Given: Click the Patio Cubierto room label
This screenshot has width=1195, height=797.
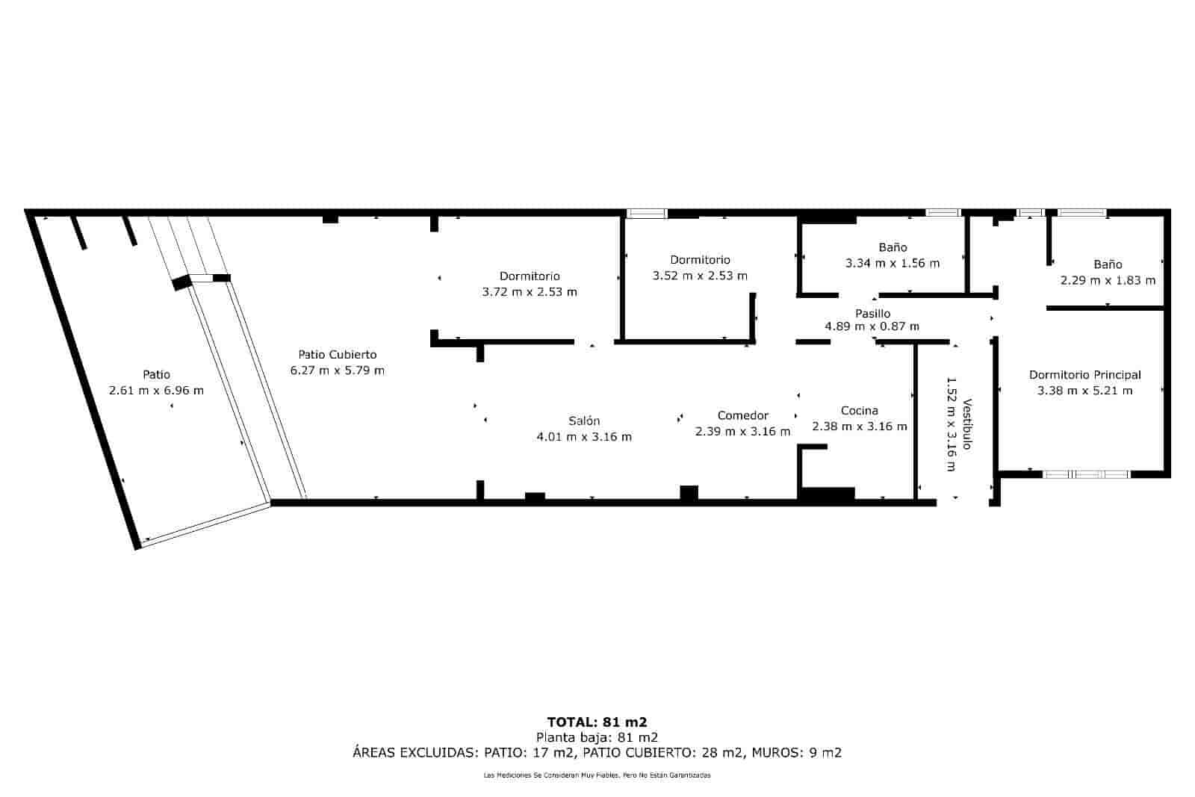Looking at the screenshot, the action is click(x=337, y=354).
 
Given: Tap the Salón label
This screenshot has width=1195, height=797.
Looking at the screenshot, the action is click(x=584, y=421).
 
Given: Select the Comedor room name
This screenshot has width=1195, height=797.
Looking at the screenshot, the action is click(x=742, y=415).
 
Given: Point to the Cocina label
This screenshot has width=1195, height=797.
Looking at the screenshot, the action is click(x=860, y=410).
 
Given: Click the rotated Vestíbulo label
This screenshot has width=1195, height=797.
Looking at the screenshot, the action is click(x=967, y=424).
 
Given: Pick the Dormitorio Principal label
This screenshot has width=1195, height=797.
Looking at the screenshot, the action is click(x=1085, y=374).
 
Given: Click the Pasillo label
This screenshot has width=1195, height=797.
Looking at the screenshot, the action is click(x=873, y=313).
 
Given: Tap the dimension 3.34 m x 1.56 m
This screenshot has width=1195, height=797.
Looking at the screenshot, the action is click(x=893, y=263).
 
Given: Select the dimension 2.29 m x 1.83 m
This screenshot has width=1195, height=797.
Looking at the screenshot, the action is click(x=1108, y=280).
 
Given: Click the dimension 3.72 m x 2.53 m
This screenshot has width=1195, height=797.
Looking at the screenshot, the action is click(x=530, y=292).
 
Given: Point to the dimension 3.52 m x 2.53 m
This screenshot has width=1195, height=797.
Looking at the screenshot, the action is click(x=700, y=276).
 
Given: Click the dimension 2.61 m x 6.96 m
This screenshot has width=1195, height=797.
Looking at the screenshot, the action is click(x=156, y=390).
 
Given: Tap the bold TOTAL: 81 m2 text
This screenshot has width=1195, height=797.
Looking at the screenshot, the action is click(x=597, y=722).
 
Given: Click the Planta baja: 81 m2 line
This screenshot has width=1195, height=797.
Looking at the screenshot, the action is click(x=597, y=737).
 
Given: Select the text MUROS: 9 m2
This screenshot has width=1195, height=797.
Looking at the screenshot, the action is click(x=796, y=753).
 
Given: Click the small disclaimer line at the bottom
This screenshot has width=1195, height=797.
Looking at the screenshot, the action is click(x=597, y=775).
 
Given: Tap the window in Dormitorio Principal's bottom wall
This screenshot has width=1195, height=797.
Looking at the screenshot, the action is click(x=1086, y=474).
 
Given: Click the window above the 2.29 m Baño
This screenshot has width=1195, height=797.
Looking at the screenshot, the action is click(x=1082, y=212).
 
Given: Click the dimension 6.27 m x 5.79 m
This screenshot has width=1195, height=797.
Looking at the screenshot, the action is click(x=337, y=370).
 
